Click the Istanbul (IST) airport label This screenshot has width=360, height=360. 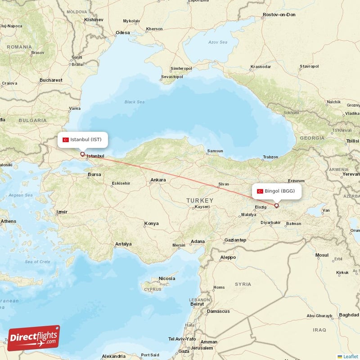click(85, 139)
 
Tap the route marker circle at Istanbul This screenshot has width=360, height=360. click(82, 154)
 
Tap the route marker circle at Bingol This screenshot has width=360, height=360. click(276, 206)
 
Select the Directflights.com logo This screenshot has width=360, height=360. click(34, 338)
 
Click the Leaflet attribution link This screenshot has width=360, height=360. click(351, 356)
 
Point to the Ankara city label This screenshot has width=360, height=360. click(158, 180)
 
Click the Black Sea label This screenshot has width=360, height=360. click(135, 102)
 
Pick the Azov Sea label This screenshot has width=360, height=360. click(218, 42)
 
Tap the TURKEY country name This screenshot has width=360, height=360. click(200, 200)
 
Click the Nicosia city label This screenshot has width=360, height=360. click(166, 279)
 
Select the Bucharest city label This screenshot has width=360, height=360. click(50, 80)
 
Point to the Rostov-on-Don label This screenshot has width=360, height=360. click(279, 15)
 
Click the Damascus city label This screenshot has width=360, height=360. click(218, 311)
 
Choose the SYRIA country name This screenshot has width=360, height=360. click(243, 284)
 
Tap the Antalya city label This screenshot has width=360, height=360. click(123, 244)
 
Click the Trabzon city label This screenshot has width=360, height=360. click(270, 157)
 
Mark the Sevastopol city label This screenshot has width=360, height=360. click(172, 77)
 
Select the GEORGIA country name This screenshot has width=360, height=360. click(312, 138)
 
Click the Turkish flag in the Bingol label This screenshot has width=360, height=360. click(260, 191)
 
